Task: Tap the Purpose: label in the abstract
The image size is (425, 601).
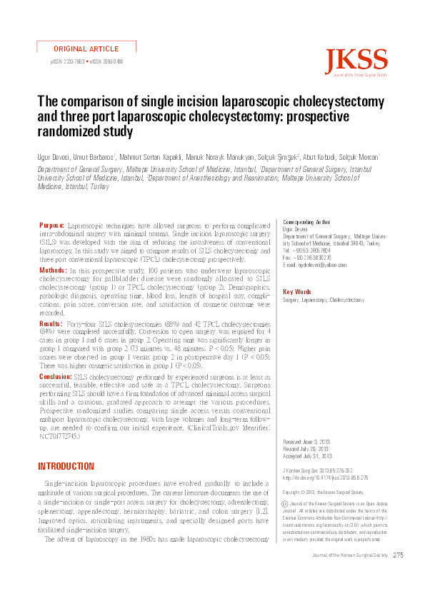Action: (51, 225)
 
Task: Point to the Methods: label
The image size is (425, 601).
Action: (53, 271)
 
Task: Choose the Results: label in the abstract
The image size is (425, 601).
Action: (51, 324)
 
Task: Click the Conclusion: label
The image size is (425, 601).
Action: (56, 375)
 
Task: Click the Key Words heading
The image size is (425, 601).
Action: (297, 292)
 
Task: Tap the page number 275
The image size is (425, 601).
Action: (399, 555)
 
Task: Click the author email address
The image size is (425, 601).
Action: (309, 265)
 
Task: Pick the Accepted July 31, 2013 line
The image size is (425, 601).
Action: (308, 455)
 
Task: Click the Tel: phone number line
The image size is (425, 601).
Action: (306, 251)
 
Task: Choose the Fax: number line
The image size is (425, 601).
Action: (307, 258)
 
